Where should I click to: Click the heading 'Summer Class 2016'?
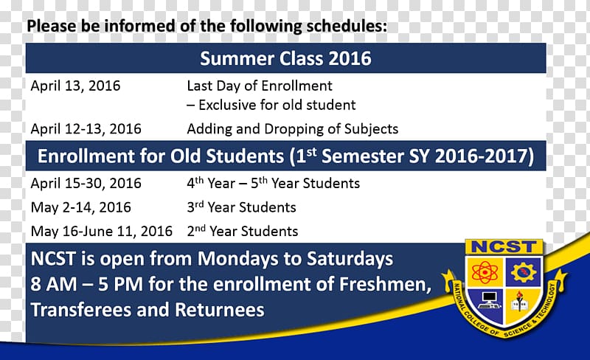[x=285, y=58]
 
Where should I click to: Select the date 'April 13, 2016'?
[x=75, y=86]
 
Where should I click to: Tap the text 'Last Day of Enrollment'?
[x=260, y=86]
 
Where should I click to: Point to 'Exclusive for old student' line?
[x=271, y=105]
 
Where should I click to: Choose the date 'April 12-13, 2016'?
[x=86, y=129]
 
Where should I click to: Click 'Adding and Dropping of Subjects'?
[x=292, y=129]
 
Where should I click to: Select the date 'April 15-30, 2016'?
[x=86, y=184]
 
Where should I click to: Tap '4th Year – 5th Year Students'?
[x=273, y=183]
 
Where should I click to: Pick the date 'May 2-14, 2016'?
[x=80, y=207]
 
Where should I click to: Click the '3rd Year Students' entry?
[x=241, y=207]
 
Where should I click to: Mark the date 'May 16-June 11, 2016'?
[x=102, y=231]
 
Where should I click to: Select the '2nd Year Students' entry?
[x=243, y=231]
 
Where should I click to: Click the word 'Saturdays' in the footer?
[x=350, y=259]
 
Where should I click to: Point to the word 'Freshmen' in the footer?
[x=385, y=284]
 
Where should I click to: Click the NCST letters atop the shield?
[x=504, y=247]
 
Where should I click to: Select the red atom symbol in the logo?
[x=485, y=272]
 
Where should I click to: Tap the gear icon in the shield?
[x=523, y=272]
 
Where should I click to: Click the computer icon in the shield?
[x=489, y=300]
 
